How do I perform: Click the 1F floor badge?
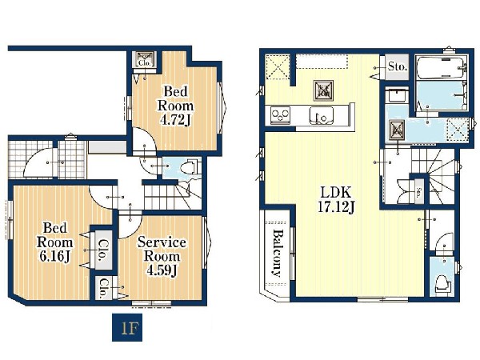[127, 327]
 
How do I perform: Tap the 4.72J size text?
[175, 120]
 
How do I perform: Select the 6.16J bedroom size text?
[54, 257]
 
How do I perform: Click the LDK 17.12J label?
[336, 200]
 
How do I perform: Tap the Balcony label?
[278, 253]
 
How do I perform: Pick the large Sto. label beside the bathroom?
[398, 66]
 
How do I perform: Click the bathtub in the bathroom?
[441, 67]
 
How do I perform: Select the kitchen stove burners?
[281, 115]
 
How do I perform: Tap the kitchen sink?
[322, 115]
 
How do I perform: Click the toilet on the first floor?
[189, 168]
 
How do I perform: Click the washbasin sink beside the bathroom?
[397, 96]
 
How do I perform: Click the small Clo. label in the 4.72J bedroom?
[145, 63]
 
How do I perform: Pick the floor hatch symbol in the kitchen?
[323, 90]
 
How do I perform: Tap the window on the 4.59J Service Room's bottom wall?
[151, 303]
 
